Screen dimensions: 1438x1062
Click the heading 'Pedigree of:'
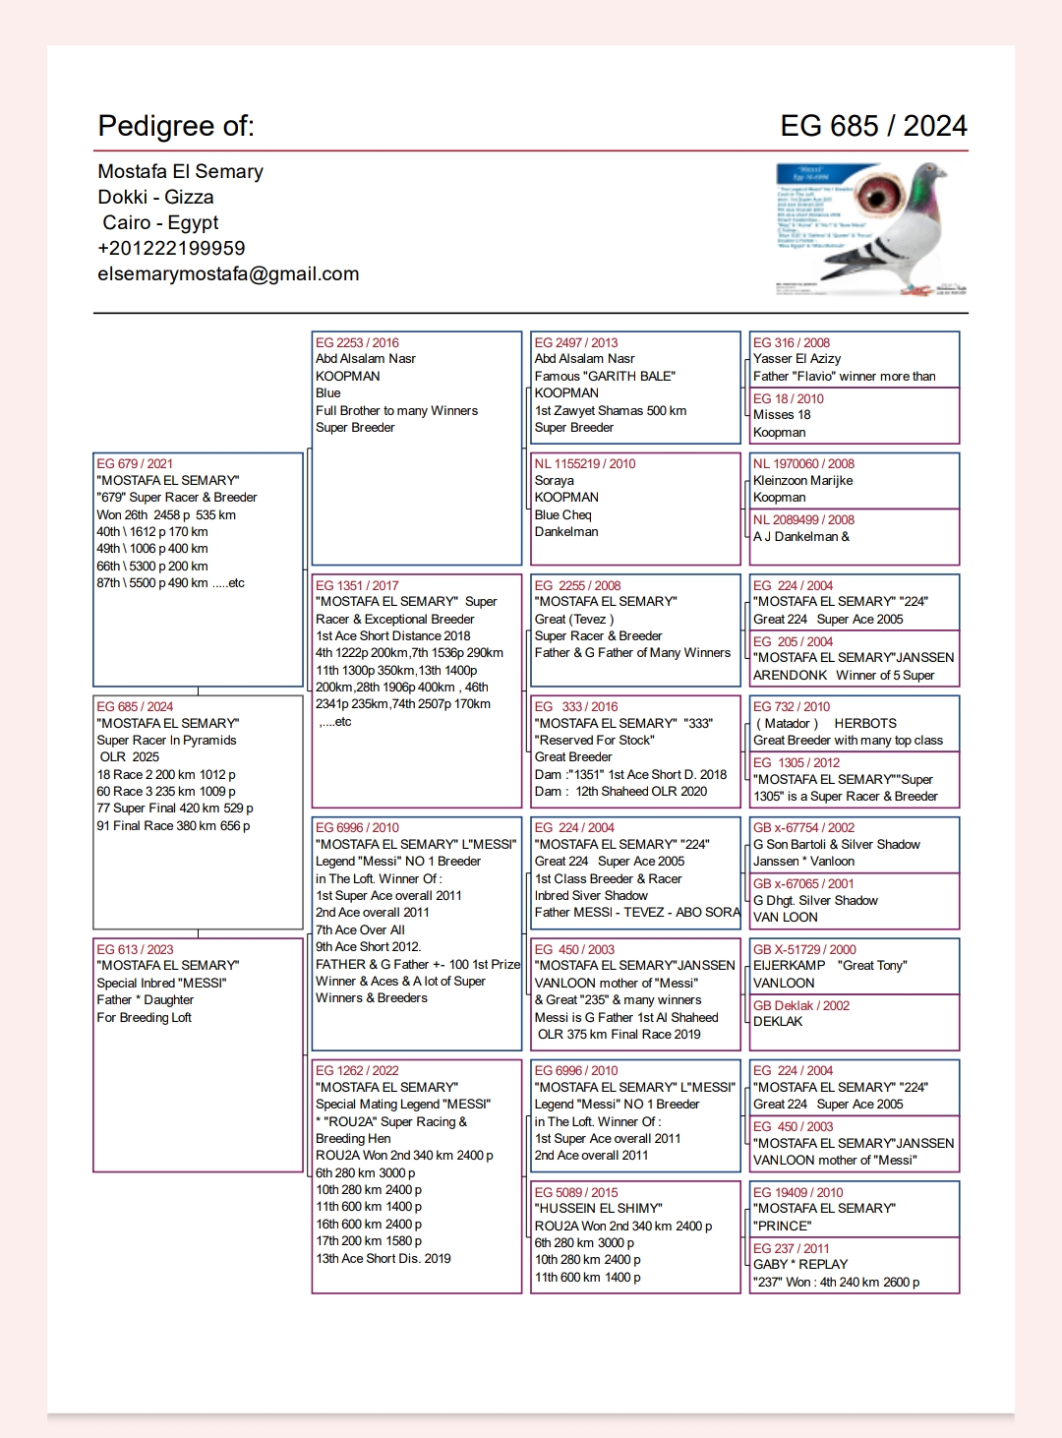tap(176, 126)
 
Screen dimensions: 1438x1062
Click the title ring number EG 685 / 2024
tap(873, 126)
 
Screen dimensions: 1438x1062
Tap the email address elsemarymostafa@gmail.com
tap(228, 274)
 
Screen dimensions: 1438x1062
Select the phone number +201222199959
tap(171, 249)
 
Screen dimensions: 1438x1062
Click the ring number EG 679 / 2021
tap(135, 463)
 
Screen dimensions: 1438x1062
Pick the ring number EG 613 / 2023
tap(135, 949)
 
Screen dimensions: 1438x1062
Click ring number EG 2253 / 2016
tap(357, 342)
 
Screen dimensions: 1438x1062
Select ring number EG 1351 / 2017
tap(357, 585)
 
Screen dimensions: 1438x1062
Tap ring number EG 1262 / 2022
tap(357, 1070)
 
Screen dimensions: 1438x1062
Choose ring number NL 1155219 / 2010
tap(584, 463)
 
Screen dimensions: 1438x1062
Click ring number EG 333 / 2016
tap(576, 706)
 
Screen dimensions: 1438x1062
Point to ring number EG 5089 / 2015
tap(576, 1192)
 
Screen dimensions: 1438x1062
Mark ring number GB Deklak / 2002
tap(800, 1005)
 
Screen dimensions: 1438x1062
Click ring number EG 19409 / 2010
tap(797, 1192)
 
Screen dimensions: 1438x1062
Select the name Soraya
tap(554, 481)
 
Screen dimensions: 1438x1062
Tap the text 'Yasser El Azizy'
tap(796, 359)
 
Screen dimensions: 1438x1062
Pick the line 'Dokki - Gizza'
tap(155, 198)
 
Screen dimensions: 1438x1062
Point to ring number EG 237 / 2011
tap(791, 1248)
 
